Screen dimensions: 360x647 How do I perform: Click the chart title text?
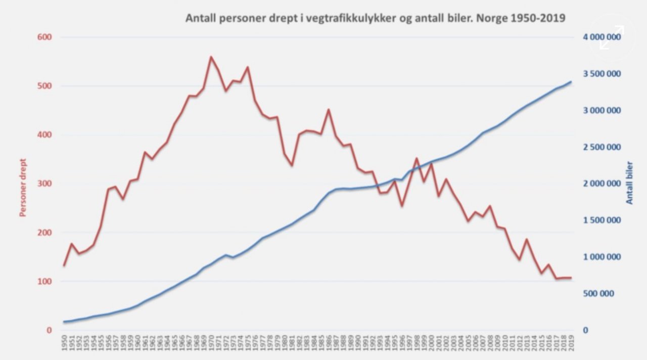pos(375,18)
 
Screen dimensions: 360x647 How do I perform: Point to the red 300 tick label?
pos(45,184)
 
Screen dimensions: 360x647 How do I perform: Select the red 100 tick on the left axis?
pos(45,281)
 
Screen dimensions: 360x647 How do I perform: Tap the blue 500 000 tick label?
pos(605,294)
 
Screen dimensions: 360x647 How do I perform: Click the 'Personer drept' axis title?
pos(23,187)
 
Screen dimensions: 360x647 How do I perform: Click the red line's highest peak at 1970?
pos(211,57)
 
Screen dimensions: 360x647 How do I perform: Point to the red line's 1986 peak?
pos(329,109)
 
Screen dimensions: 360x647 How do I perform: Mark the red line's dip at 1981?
pos(292,165)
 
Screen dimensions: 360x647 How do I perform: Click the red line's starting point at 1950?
pos(64,265)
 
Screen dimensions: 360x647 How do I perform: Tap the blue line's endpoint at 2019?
pos(571,82)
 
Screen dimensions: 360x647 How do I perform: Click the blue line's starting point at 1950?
pos(64,322)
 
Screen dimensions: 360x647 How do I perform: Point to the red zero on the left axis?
pos(49,330)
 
